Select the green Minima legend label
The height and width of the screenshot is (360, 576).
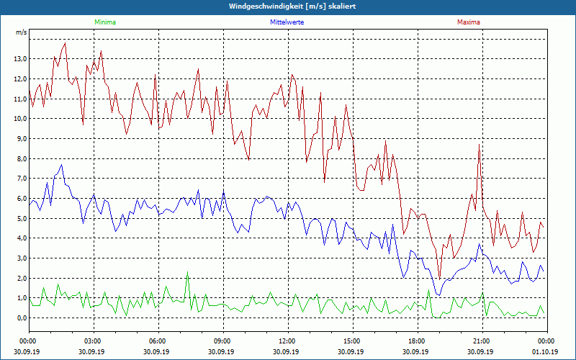104,22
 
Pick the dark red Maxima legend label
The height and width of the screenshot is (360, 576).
469,22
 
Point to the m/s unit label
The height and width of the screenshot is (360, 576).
21,32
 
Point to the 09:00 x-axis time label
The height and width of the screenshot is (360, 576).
222,341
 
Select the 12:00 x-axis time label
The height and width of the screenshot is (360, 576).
287,341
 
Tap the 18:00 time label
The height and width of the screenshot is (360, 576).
417,341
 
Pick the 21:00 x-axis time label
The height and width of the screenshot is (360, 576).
482,341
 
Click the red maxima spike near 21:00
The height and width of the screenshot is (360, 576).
479,145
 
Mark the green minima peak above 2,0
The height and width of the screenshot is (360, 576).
187,272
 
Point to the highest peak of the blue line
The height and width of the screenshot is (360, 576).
62,165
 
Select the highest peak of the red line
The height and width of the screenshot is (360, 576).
66,43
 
